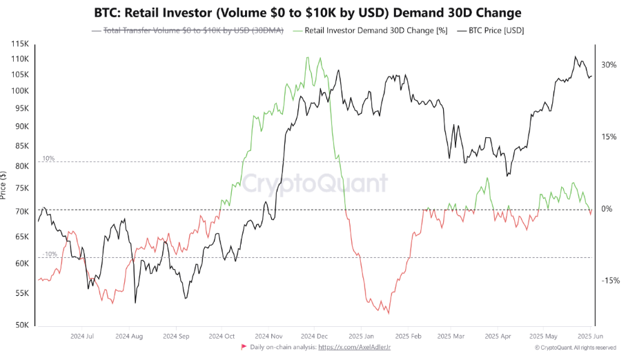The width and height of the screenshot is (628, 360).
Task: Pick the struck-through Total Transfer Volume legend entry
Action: coord(193,30)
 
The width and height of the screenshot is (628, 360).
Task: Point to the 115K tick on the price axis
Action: coord(19,44)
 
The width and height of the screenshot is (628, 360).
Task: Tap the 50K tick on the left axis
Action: coord(21,325)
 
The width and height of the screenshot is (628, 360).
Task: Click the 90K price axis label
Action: coord(21,127)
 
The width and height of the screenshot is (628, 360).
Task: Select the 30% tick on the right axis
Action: coord(608,65)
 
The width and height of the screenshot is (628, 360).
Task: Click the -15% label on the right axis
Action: coord(610,281)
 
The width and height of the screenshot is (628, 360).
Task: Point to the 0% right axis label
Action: coord(606,209)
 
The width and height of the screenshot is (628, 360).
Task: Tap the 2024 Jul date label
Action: coord(82,337)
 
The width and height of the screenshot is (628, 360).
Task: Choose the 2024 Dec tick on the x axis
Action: coord(314,337)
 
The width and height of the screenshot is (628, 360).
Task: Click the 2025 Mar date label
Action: coord(451,337)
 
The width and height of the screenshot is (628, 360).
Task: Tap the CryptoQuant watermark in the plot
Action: coord(314,183)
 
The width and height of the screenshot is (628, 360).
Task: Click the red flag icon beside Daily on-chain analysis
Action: coord(243,348)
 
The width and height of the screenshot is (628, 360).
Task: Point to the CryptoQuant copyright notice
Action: coord(575,348)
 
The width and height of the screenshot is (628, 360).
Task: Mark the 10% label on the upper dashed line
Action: coord(48,159)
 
